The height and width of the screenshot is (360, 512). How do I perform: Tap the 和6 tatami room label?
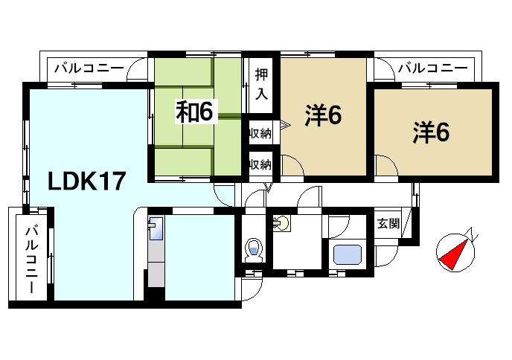pyautogui.click(x=195, y=111)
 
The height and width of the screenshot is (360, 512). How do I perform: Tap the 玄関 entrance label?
pyautogui.click(x=388, y=223)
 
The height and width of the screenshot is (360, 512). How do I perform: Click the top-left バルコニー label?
pyautogui.click(x=88, y=68)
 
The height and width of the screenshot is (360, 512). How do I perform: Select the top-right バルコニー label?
pyautogui.click(x=432, y=68)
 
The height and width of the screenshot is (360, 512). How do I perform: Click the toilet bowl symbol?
pyautogui.click(x=255, y=248)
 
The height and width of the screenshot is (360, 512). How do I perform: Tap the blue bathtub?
pyautogui.click(x=347, y=254)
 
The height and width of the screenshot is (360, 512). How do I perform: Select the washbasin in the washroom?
pyautogui.click(x=282, y=222)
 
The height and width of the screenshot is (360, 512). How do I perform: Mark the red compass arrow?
pyautogui.click(x=454, y=254)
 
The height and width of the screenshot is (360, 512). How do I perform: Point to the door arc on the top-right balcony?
pyautogui.click(x=384, y=71)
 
